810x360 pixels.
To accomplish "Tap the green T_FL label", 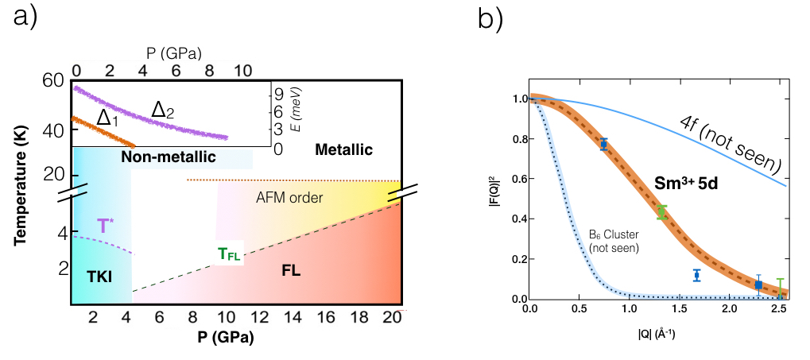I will tap(228, 254).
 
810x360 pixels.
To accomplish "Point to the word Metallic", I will tap(343, 149).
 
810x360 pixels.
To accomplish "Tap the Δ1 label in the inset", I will tap(108, 118).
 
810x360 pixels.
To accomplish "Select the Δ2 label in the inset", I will tap(163, 110).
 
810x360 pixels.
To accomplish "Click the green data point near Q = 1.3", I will tap(661, 211).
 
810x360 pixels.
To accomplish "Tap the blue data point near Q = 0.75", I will tap(604, 144).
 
